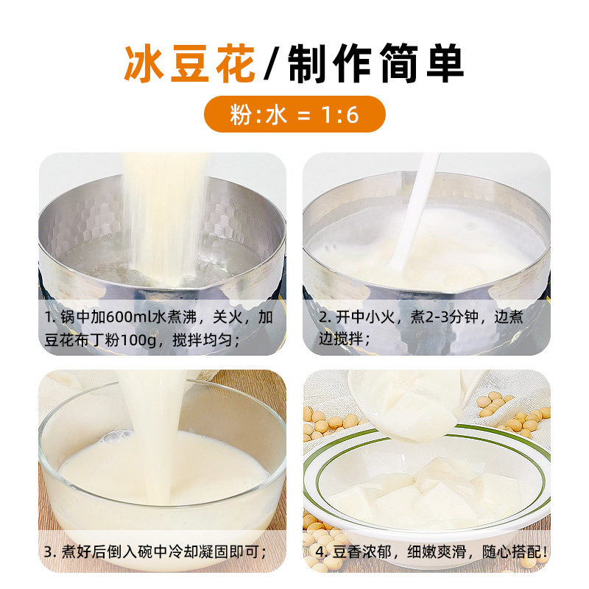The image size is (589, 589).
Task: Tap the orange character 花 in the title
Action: click(x=235, y=63)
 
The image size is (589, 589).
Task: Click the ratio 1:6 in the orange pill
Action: click(x=340, y=114)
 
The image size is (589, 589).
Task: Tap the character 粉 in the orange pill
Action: click(x=241, y=114)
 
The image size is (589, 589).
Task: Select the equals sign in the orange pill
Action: click(x=303, y=115)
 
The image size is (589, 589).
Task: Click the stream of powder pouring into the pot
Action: click(x=164, y=218)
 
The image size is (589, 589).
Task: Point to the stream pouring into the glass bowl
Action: click(x=158, y=436)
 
